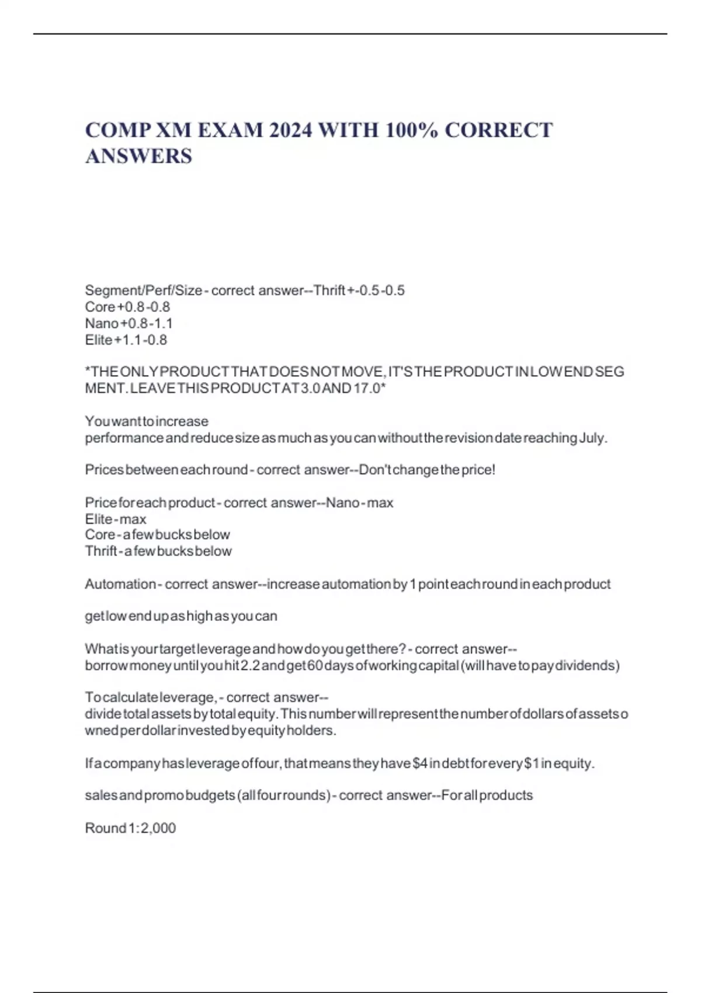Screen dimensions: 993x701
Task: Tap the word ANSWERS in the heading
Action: point(138,156)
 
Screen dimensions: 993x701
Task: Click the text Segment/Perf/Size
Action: point(143,290)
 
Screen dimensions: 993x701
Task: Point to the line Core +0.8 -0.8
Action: point(127,307)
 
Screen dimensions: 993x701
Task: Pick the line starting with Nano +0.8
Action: point(129,323)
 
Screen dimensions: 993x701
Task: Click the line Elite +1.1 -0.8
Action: point(126,339)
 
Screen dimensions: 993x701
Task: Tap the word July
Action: point(592,438)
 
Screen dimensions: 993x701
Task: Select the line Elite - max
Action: point(116,519)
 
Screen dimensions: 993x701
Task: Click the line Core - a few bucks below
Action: point(158,534)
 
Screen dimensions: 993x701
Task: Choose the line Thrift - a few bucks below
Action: point(158,551)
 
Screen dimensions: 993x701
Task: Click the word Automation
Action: point(120,584)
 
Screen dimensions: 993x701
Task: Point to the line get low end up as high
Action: point(181,616)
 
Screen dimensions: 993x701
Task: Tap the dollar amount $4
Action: point(420,763)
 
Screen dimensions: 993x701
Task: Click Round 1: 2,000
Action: point(130,828)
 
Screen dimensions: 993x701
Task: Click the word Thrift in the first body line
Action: point(329,290)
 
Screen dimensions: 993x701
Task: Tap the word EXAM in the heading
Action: point(230,130)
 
